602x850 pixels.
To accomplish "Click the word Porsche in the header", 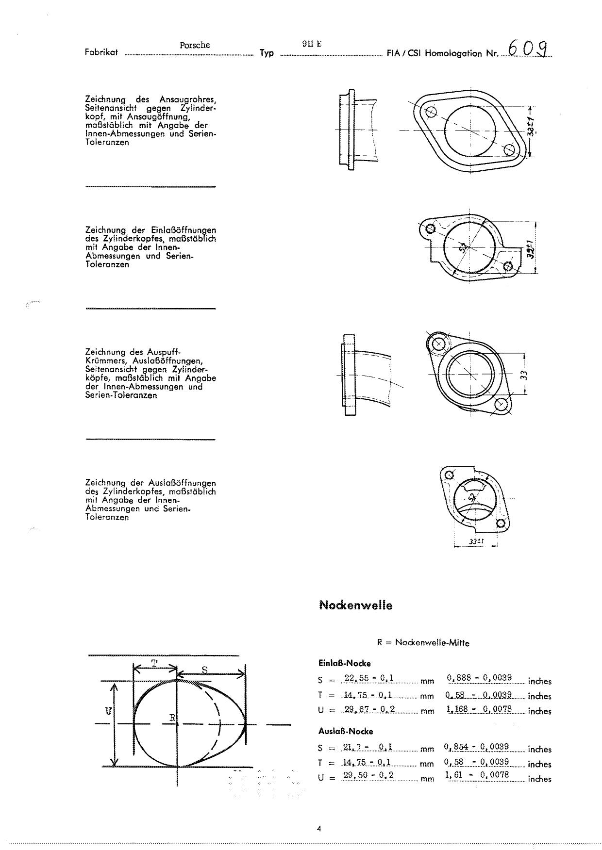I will (195, 45).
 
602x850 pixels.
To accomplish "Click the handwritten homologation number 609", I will (528, 49).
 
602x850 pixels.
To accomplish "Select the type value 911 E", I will (312, 44).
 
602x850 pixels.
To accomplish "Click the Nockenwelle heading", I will (355, 605).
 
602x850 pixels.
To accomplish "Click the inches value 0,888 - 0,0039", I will (479, 678).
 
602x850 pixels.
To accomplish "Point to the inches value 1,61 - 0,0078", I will (477, 774).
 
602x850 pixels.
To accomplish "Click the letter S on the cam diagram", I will (204, 670).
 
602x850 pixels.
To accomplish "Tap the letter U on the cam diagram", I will (108, 711).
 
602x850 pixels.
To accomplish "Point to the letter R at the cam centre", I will (172, 718).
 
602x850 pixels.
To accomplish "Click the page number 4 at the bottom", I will (319, 829).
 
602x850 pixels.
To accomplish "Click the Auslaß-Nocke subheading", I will (346, 731).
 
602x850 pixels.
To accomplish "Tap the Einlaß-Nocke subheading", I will (344, 663).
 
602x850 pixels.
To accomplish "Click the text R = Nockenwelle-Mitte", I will (423, 642).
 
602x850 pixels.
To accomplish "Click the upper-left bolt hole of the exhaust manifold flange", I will (439, 343).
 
